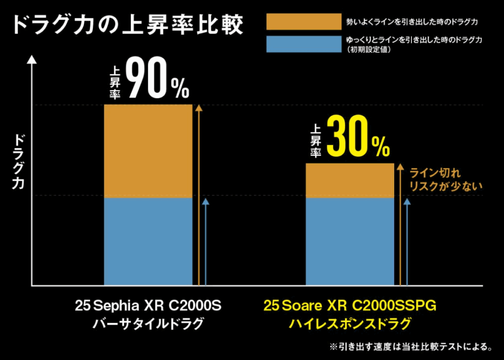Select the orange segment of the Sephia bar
point(148,151)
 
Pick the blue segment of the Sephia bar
point(148,241)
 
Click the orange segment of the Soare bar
point(350,180)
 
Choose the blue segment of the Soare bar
point(350,241)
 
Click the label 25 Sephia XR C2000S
point(148,306)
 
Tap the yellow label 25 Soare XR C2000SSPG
point(350,306)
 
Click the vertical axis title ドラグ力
point(19,162)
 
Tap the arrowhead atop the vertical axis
point(31,60)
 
